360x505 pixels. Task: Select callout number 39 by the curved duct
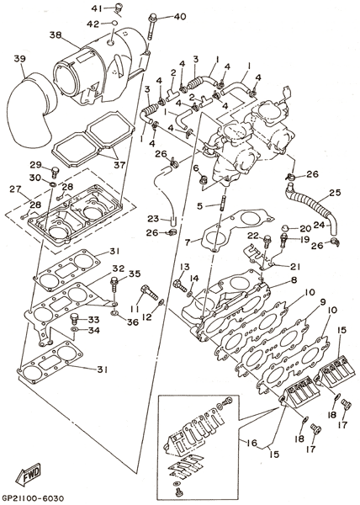[20, 59]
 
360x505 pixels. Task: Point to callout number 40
[179, 17]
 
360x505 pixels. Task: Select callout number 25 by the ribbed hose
[336, 193]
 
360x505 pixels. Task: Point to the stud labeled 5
[221, 206]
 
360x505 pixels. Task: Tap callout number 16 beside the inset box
[252, 443]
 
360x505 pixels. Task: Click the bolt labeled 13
[179, 284]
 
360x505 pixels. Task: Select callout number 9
[323, 302]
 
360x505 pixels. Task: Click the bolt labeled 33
[75, 318]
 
